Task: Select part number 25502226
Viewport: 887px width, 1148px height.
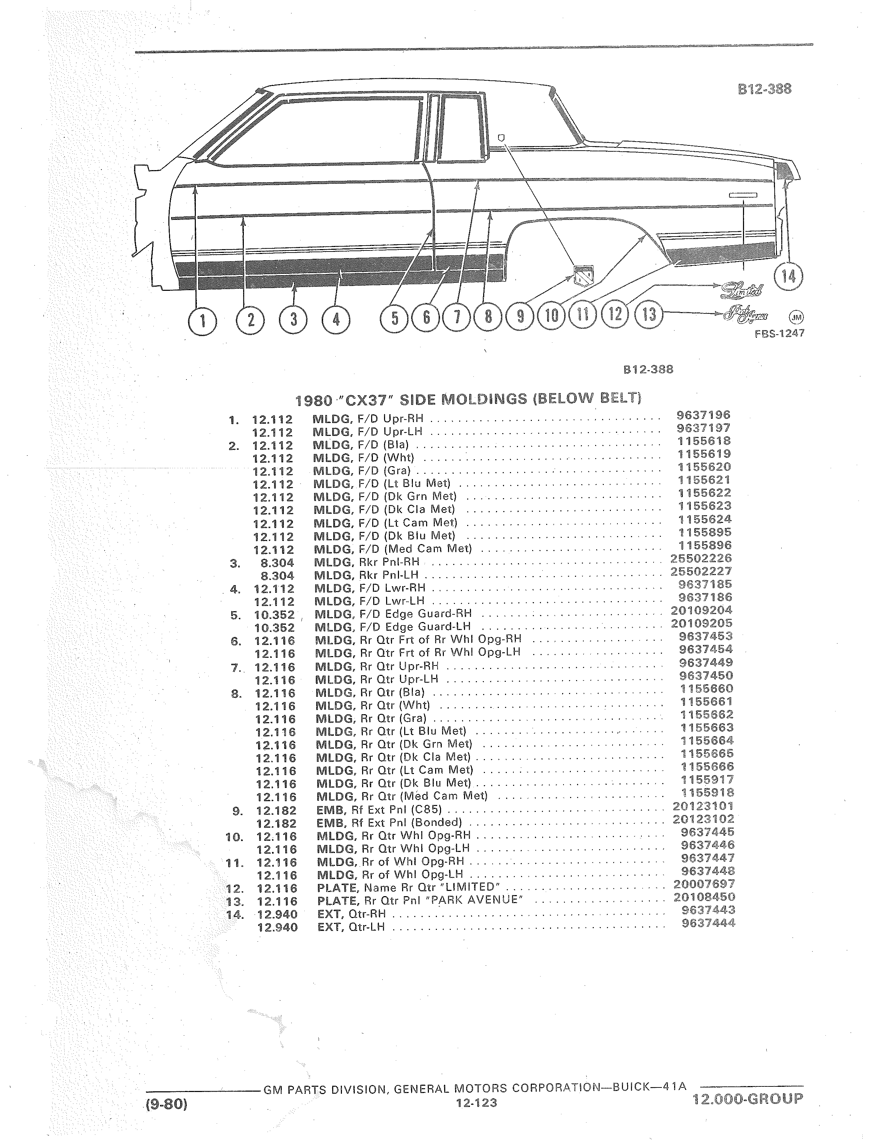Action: [701, 558]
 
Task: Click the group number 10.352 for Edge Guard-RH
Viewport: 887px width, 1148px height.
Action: [274, 614]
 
